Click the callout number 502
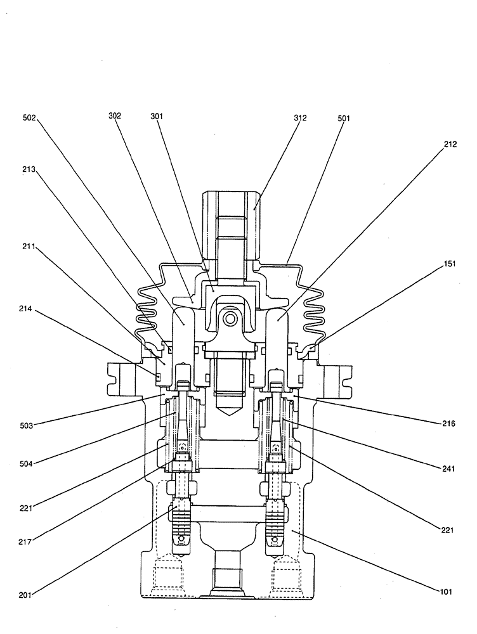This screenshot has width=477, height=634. coord(29,117)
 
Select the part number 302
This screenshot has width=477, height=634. coord(115,115)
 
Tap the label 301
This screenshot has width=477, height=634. coord(157,115)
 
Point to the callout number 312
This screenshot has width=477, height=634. coord(300,117)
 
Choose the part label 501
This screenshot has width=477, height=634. coord(344,117)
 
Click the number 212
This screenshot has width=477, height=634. coord(450,144)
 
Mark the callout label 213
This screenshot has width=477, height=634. coord(29,169)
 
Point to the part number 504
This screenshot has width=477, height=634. coord(29,463)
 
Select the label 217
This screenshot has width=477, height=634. coord(29,542)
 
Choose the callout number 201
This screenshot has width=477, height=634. coord(29,594)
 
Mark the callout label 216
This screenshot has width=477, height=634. coord(450,421)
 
